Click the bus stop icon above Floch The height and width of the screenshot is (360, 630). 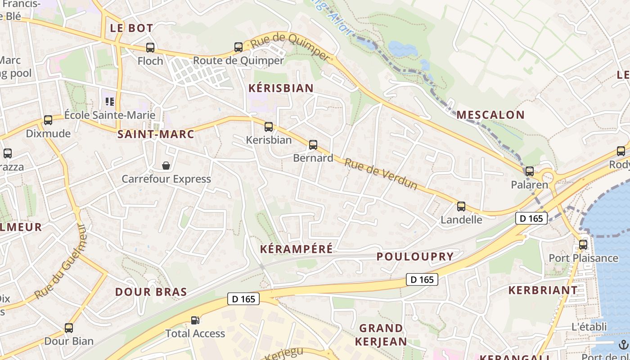tap(150, 47)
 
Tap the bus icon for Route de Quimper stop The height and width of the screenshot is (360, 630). tap(238, 47)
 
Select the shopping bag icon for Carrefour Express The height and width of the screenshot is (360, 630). tap(166, 166)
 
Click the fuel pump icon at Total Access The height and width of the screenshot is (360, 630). tap(195, 320)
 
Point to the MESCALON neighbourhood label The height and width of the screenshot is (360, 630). tap(490, 115)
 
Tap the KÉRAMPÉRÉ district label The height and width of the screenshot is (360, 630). tap(297, 249)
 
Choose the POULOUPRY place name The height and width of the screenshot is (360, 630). tap(415, 256)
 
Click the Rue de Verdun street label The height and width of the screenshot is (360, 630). tap(381, 174)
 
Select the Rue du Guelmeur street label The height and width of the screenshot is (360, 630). tap(60, 262)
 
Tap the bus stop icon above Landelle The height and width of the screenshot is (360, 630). tap(461, 207)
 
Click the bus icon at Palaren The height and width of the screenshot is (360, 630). tap(530, 171)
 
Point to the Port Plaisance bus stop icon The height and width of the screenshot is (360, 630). tap(583, 245)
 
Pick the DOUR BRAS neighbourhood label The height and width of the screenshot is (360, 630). tap(151, 292)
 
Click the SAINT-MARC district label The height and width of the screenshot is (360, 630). tap(156, 134)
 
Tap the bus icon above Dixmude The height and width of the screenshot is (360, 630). tap(48, 120)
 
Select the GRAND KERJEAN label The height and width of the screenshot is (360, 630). tap(381, 335)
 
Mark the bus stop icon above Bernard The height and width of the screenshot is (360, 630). tap(313, 145)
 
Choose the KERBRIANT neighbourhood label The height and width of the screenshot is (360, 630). tap(543, 290)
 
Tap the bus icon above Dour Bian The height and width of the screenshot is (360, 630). tap(69, 328)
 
